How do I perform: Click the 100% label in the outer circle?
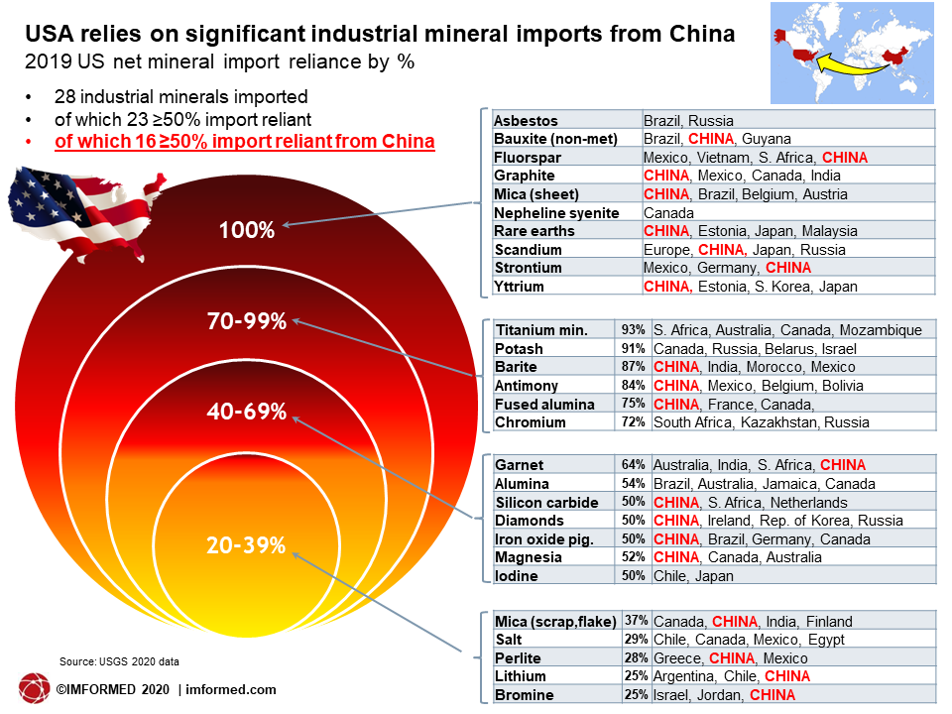(247, 230)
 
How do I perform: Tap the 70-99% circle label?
(247, 321)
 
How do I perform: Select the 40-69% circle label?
(247, 412)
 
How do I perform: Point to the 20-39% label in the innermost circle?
(246, 545)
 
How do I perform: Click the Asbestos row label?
(526, 121)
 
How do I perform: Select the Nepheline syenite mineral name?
(556, 213)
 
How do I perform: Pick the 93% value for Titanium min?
(634, 329)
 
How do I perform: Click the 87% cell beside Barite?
(634, 367)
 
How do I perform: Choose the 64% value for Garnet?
(634, 465)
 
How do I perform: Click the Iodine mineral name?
(517, 576)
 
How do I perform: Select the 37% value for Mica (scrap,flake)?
(637, 621)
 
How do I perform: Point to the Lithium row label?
(521, 676)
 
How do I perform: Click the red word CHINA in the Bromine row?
(773, 695)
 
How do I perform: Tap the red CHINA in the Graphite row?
(666, 177)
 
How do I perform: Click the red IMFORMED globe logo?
(34, 689)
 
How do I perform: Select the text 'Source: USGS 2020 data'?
(119, 661)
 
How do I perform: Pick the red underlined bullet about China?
(245, 142)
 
